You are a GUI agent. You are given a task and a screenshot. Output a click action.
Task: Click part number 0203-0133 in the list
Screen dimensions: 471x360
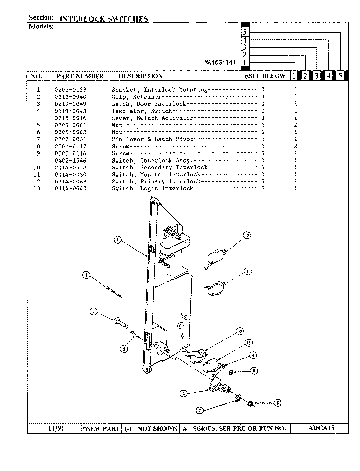(x=70, y=90)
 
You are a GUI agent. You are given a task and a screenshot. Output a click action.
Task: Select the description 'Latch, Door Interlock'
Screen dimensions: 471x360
(x=149, y=104)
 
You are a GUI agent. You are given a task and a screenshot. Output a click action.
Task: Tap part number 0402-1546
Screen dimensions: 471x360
(x=70, y=161)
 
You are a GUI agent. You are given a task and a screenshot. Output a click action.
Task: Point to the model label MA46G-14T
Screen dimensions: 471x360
(x=220, y=62)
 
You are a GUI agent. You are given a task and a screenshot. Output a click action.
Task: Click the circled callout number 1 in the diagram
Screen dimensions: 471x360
(x=117, y=240)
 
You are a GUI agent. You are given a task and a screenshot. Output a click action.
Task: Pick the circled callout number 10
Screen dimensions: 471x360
(x=247, y=235)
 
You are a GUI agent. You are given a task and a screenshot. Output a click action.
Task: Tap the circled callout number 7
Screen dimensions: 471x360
(x=94, y=312)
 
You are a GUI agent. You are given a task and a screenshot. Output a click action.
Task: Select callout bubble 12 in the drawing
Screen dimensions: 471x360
(x=240, y=332)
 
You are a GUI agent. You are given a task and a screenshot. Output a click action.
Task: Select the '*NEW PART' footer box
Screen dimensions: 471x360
(x=101, y=428)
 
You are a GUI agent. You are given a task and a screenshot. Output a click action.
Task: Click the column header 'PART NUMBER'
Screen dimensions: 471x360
(x=80, y=76)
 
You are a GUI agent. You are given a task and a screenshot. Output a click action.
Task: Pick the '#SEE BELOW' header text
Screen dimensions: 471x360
(x=265, y=76)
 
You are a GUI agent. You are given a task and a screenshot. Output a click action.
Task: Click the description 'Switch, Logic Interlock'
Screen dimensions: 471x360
(x=153, y=189)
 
